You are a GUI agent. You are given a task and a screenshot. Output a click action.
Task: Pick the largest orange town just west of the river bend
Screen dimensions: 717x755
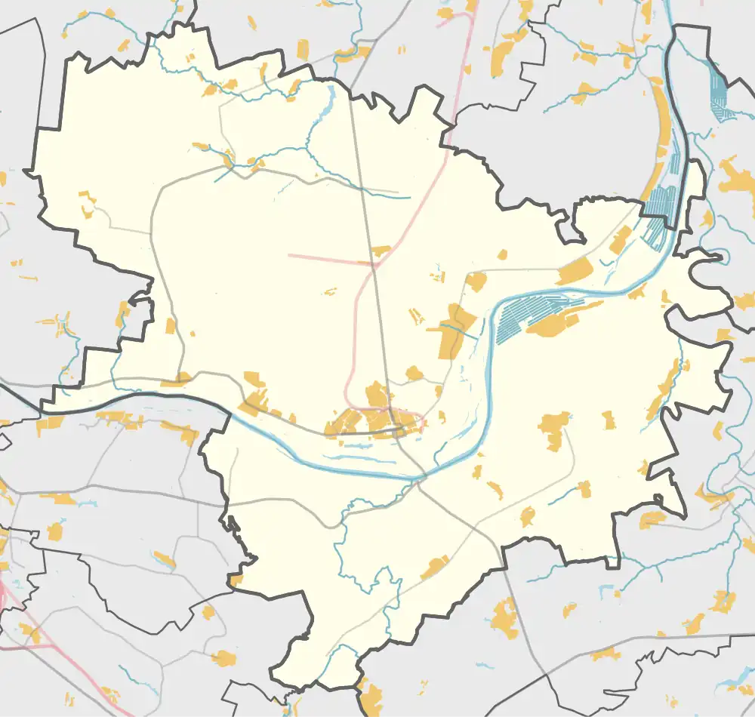pos(453,332)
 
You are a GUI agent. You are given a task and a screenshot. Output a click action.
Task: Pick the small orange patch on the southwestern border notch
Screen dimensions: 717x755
pos(236,580)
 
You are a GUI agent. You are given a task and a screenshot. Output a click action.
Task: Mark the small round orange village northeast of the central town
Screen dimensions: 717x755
pos(414,373)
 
